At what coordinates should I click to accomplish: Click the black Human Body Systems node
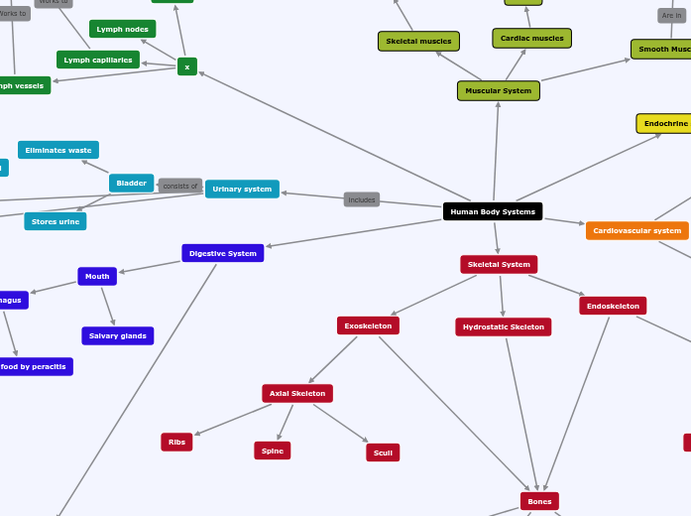pyautogui.click(x=492, y=211)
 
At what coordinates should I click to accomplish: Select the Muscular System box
pyautogui.click(x=498, y=91)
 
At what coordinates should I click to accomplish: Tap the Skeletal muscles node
pyautogui.click(x=418, y=42)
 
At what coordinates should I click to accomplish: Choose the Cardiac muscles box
pyautogui.click(x=531, y=39)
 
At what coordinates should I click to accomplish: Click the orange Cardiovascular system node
pyautogui.click(x=636, y=230)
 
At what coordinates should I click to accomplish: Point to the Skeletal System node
pyautogui.click(x=499, y=265)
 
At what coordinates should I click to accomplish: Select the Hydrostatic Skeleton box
pyautogui.click(x=503, y=326)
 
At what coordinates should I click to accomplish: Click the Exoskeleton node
pyautogui.click(x=368, y=325)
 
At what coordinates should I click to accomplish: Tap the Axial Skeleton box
pyautogui.click(x=297, y=394)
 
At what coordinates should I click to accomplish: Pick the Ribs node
pyautogui.click(x=176, y=443)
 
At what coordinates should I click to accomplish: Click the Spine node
pyautogui.click(x=272, y=451)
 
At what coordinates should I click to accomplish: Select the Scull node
pyautogui.click(x=383, y=452)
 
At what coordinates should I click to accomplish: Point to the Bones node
pyautogui.click(x=539, y=501)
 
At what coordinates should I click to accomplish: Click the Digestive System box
pyautogui.click(x=222, y=253)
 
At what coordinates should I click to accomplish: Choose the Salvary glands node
pyautogui.click(x=117, y=335)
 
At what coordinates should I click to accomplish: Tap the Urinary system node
pyautogui.click(x=242, y=189)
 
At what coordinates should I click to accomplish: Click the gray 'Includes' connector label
pyautogui.click(x=362, y=199)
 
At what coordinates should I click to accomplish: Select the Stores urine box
pyautogui.click(x=56, y=221)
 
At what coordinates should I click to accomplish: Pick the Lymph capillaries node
pyautogui.click(x=98, y=60)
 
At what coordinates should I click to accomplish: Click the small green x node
pyautogui.click(x=186, y=66)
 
